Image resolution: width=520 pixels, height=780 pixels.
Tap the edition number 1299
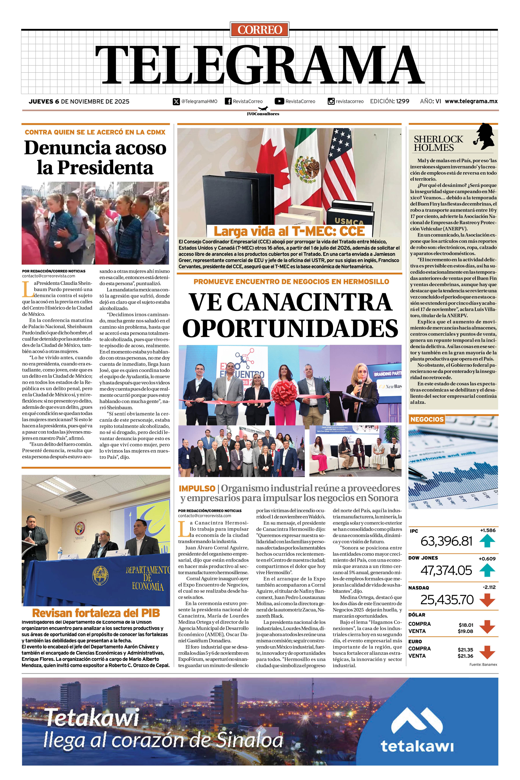pos(402,101)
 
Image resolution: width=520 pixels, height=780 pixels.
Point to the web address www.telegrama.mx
pos(471,101)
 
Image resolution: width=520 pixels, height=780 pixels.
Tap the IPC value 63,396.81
pos(446,541)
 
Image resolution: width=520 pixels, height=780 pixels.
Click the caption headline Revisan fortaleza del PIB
pos(96,613)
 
